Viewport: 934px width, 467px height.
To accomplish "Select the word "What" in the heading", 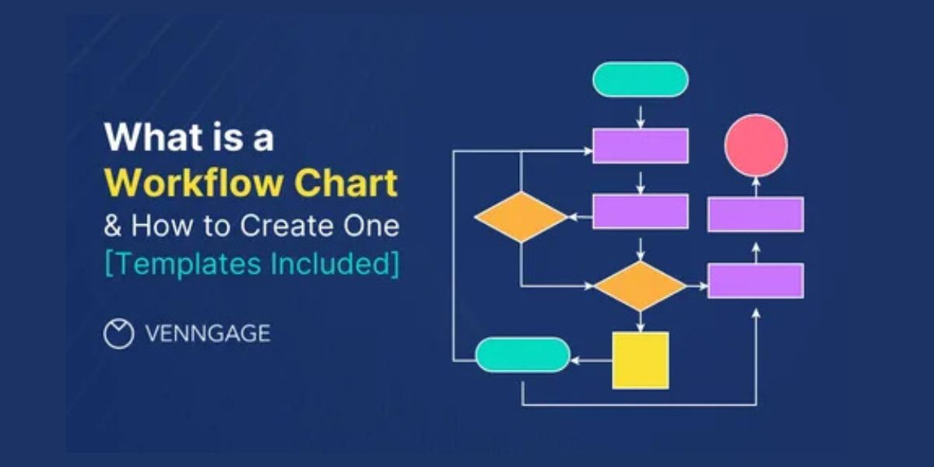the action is click(x=147, y=137).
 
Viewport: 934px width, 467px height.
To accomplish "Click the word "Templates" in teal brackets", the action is click(x=188, y=264).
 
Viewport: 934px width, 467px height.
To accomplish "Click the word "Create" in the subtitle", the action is click(x=287, y=226).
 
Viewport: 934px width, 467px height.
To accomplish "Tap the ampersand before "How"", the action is click(x=113, y=226).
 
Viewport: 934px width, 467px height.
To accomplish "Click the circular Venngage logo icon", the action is click(x=119, y=334).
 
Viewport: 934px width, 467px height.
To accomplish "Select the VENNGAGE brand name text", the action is click(x=208, y=334).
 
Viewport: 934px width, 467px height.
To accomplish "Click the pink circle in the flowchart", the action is click(x=757, y=146).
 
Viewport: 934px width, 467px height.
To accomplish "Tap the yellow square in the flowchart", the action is click(x=641, y=360).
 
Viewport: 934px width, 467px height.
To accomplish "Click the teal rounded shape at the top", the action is click(x=641, y=79).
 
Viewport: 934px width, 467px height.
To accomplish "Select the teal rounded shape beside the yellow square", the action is click(x=523, y=355).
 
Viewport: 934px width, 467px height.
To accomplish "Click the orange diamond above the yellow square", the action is click(x=641, y=286).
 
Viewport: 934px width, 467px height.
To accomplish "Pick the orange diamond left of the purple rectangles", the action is click(x=521, y=217).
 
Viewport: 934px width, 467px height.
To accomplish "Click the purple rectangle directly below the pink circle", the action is click(x=757, y=214).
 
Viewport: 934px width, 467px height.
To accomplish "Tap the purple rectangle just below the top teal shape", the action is click(x=641, y=146).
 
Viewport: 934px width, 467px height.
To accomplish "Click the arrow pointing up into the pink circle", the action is click(x=757, y=187).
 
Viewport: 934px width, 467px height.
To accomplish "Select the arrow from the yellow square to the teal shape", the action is click(x=592, y=360).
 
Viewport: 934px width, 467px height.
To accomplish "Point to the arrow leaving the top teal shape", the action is click(x=641, y=118).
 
